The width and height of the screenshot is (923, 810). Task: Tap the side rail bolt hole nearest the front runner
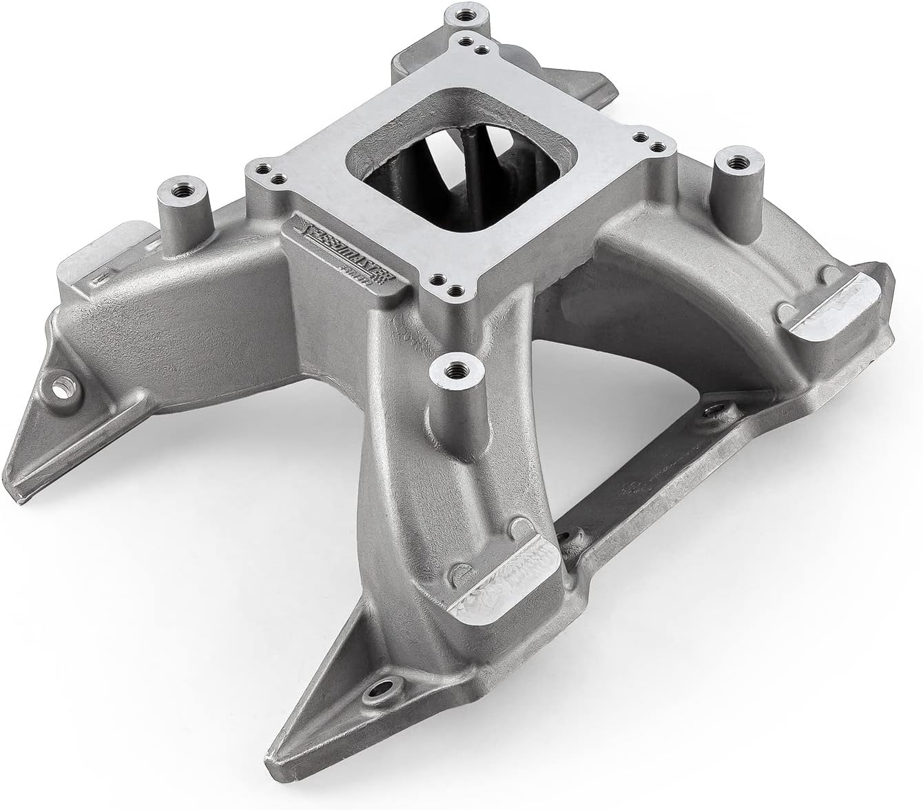pos(567,537)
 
